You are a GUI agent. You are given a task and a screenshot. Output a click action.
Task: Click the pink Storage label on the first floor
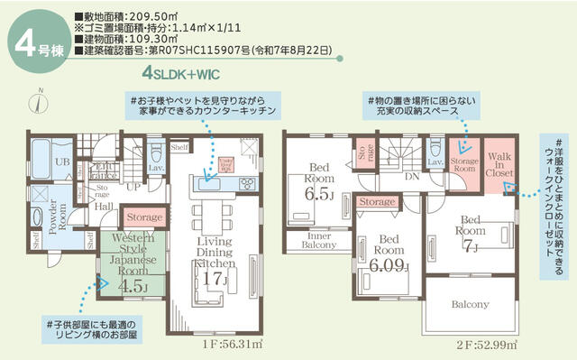(144, 217)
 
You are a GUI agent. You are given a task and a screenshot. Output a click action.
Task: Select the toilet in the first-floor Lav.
(156, 150)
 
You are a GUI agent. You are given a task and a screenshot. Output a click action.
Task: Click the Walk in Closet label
(500, 163)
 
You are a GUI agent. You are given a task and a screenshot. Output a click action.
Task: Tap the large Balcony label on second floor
(469, 304)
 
